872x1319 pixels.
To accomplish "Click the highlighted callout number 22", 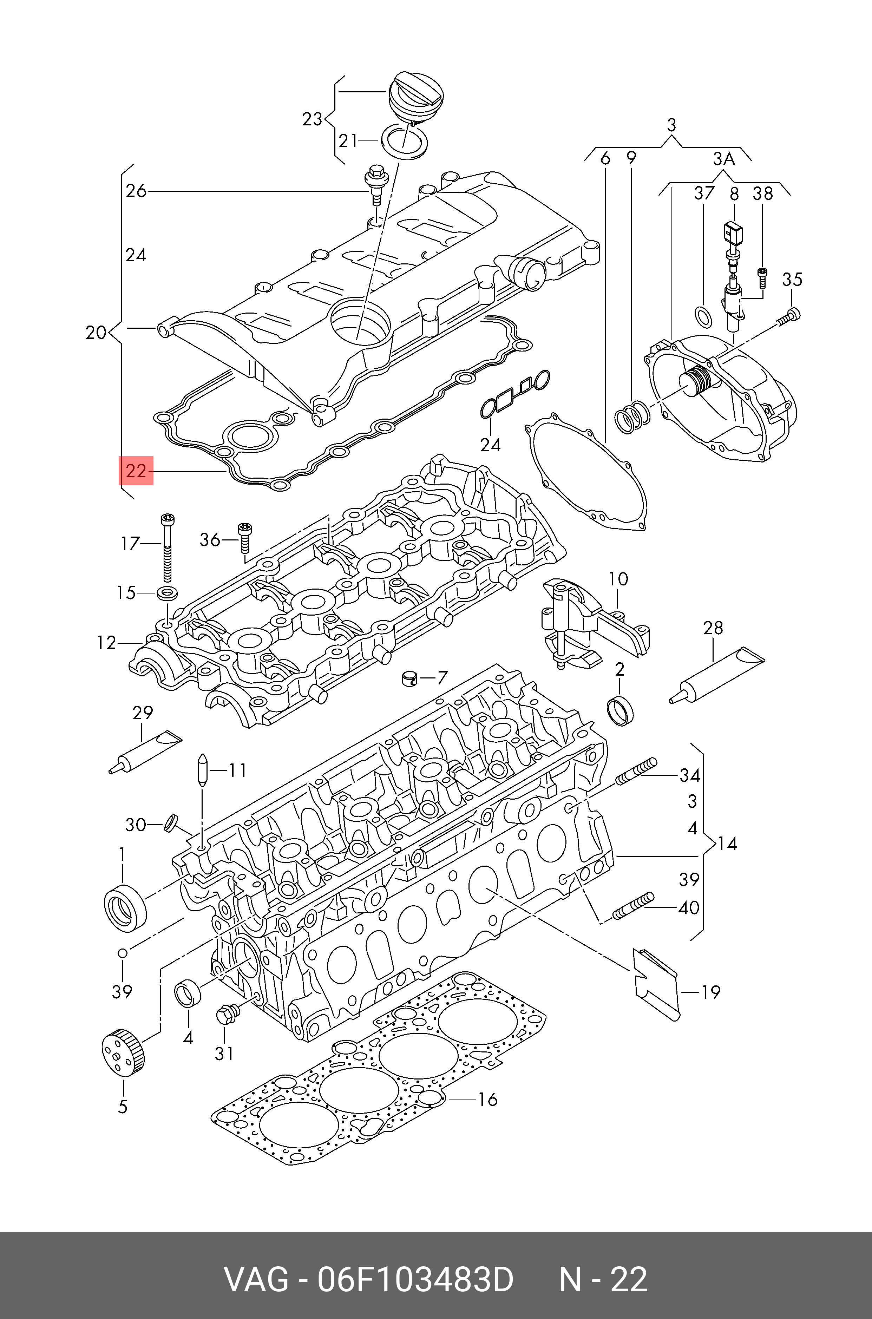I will click(x=136, y=471).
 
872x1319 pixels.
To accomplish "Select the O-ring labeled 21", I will click(x=405, y=142).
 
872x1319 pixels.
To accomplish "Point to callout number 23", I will click(x=312, y=119).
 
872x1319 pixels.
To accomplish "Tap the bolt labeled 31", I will click(x=227, y=1014).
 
